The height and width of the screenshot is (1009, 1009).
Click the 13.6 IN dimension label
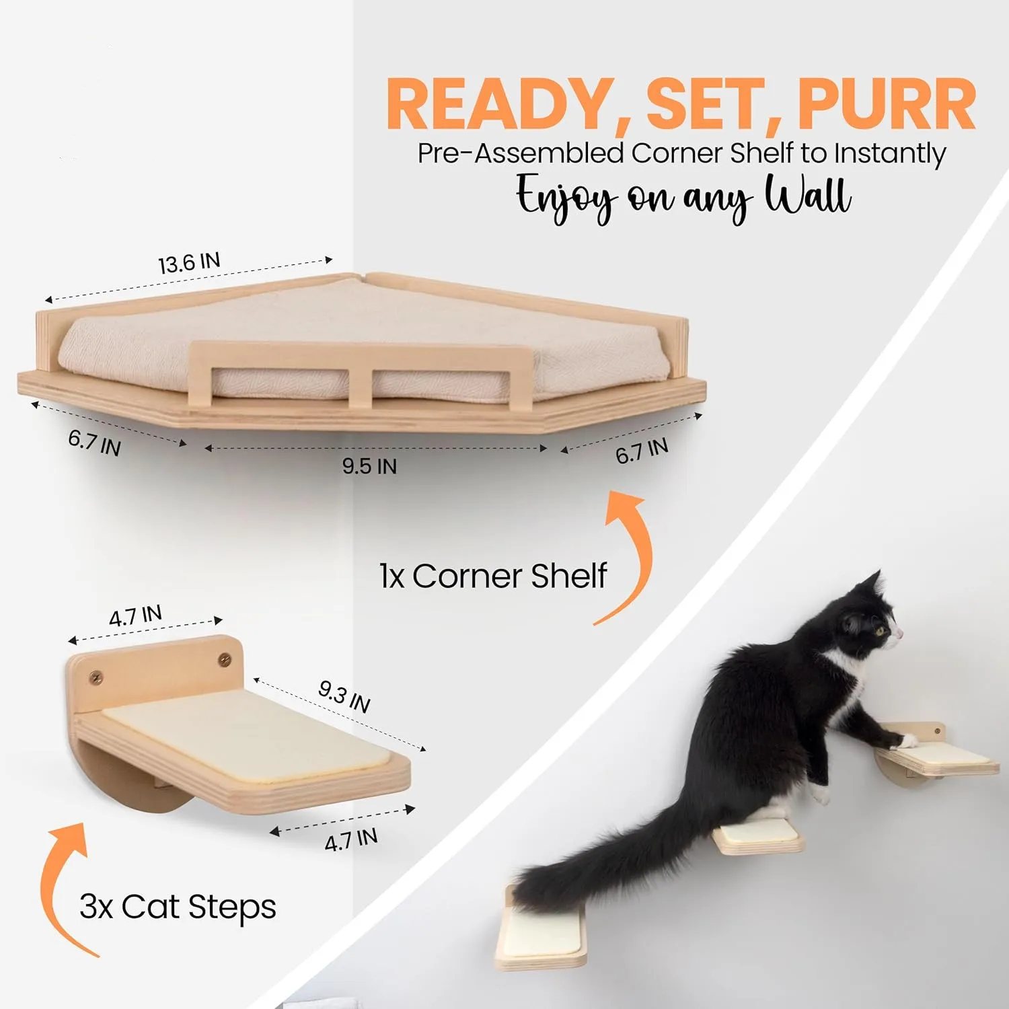[x=189, y=263]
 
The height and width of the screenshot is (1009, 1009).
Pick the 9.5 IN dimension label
[x=369, y=465]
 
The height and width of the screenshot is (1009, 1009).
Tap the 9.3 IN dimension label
[x=344, y=696]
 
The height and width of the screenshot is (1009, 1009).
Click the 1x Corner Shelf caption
[x=493, y=576]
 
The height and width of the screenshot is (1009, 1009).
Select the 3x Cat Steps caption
[x=178, y=907]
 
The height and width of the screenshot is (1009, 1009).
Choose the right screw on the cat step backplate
[x=224, y=660]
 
